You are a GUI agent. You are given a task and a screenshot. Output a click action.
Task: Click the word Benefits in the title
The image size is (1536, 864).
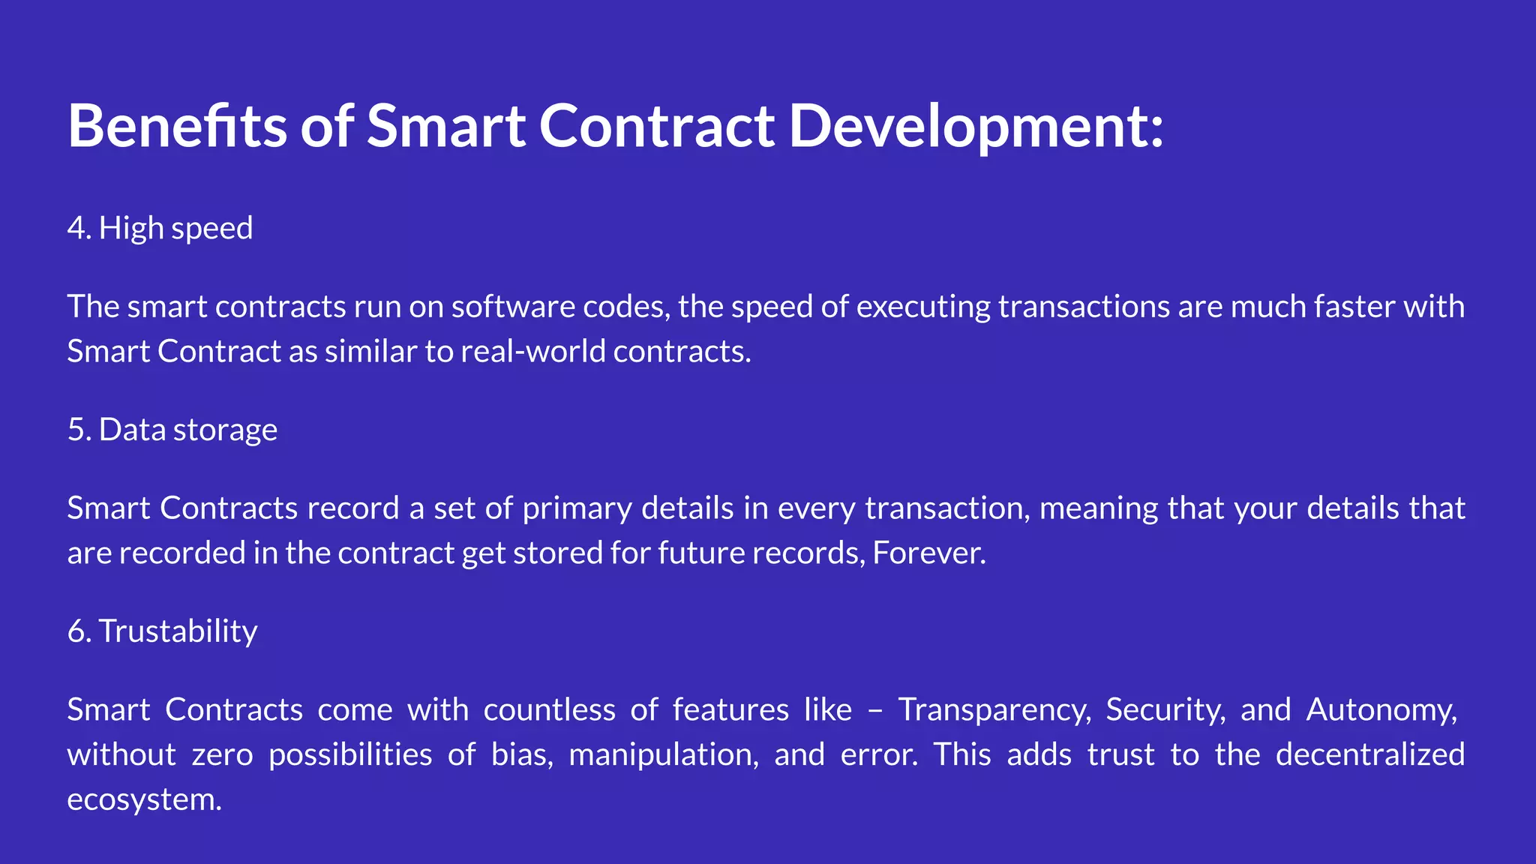pos(177,125)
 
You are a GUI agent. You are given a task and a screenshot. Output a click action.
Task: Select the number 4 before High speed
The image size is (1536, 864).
pos(76,228)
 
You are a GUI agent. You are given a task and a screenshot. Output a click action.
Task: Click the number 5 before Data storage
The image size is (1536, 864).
pos(76,430)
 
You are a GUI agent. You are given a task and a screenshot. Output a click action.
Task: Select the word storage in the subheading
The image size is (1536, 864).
pos(225,430)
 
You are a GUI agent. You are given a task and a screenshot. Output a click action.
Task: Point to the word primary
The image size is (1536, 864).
pos(577,508)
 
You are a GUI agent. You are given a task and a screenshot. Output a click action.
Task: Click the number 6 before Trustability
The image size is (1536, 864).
pos(76,631)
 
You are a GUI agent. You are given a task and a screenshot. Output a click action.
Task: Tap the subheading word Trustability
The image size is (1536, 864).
pos(178,631)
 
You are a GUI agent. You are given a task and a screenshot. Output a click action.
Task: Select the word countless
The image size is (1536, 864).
pos(549,709)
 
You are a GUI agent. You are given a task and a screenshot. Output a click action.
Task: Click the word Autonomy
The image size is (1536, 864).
pos(1381,709)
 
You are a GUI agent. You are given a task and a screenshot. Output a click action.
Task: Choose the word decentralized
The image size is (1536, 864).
pos(1369,754)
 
